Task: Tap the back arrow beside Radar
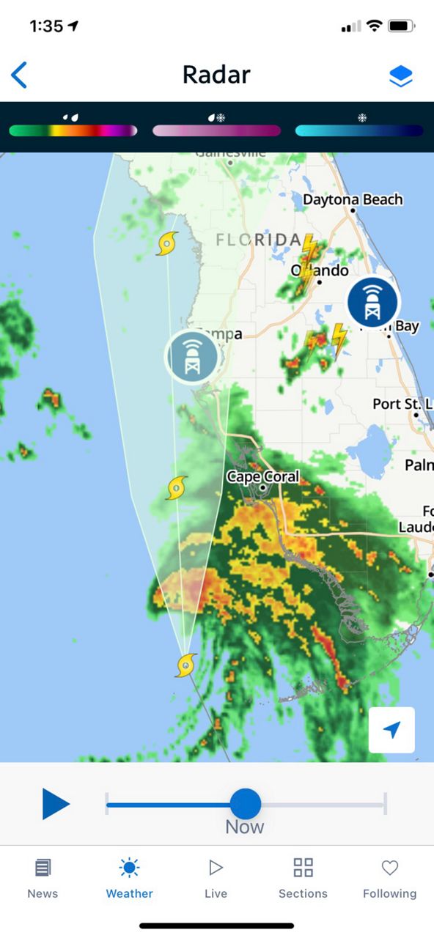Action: [20, 75]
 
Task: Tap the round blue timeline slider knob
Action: [245, 804]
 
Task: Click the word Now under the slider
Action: [244, 827]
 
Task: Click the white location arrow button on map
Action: [391, 730]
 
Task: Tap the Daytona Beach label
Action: [353, 199]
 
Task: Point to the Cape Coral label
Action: [262, 477]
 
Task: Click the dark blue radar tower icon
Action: [372, 302]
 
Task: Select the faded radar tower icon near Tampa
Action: [191, 356]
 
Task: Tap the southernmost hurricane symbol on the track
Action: [186, 665]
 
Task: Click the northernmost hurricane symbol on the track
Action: [168, 243]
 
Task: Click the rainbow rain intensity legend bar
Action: [73, 130]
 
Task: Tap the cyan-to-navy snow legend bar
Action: [359, 130]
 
